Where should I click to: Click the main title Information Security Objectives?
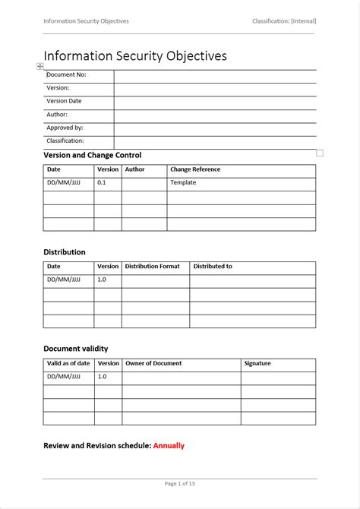[x=135, y=56]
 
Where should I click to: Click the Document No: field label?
[x=66, y=75]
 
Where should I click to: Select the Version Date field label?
[x=64, y=101]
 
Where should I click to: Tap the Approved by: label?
[x=65, y=128]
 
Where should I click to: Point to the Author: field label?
[x=57, y=115]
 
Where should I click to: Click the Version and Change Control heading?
[x=93, y=155]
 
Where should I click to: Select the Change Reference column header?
[x=195, y=169]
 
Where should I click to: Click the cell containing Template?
[x=183, y=182]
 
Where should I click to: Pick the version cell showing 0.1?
[x=102, y=182]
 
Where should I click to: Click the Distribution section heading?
[x=65, y=251]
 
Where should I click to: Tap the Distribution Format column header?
[x=152, y=267]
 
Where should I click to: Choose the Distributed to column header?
[x=213, y=267]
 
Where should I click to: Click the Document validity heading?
[x=76, y=348]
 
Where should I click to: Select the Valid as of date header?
[x=68, y=363]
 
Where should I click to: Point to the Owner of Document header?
[x=153, y=363]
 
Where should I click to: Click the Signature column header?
[x=257, y=363]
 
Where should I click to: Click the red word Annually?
[x=169, y=445]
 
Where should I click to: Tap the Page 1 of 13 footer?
[x=179, y=483]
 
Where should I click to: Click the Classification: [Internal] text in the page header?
[x=284, y=21]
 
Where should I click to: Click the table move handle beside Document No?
[x=40, y=67]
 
